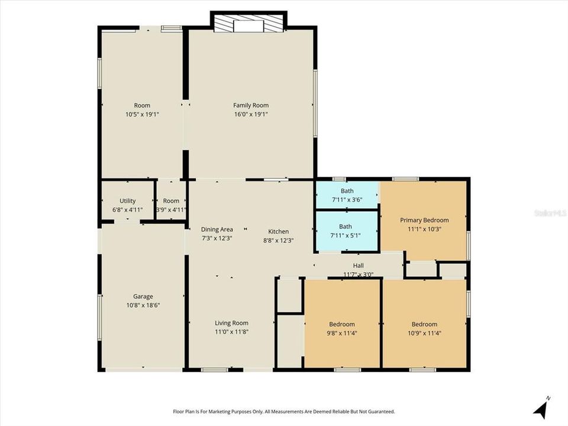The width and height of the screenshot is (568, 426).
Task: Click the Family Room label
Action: pos(251,105)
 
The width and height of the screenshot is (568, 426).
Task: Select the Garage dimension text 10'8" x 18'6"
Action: pos(143,305)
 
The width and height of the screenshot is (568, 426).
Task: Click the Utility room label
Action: pos(128,201)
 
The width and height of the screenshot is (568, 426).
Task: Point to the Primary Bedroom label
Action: pos(424,220)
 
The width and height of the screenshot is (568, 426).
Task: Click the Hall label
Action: pos(359,266)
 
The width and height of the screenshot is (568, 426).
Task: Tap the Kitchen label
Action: pos(278,231)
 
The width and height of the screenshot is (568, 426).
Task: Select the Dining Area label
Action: pos(217,230)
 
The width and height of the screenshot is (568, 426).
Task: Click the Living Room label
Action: pos(231,323)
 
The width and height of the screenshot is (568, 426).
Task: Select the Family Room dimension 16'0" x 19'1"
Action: pos(251,114)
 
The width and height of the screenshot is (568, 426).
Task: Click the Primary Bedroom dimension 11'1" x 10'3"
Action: pos(424,229)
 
